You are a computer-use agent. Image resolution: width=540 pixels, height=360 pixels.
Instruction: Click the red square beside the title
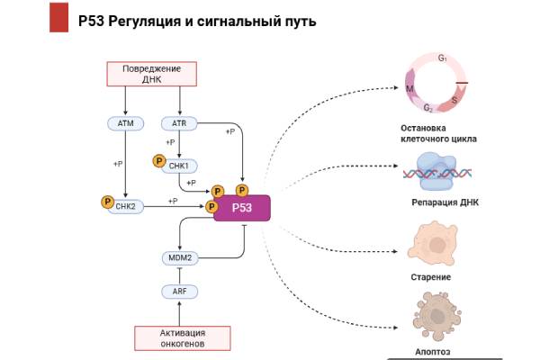coord(58,19)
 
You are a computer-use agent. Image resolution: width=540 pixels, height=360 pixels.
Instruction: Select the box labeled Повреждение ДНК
coord(152,74)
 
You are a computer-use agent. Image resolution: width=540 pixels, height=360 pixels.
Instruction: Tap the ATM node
coord(125,122)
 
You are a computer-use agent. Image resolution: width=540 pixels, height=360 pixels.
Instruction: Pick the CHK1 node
coord(179,166)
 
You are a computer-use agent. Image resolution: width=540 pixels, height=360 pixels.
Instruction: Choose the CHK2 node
coord(126,205)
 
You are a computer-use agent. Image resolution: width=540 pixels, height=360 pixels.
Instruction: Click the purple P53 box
coord(241,207)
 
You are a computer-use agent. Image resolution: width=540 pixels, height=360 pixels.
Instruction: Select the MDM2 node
coord(179,257)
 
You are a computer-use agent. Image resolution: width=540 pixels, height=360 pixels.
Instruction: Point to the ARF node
coord(179,292)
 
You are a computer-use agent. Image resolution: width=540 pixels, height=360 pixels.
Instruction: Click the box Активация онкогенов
coord(183,337)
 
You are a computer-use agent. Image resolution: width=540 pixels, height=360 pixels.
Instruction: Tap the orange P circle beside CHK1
coord(158,162)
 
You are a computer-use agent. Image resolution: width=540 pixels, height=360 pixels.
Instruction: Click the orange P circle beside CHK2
coord(106,202)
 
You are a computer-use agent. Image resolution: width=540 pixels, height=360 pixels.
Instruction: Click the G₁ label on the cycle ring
coord(443,58)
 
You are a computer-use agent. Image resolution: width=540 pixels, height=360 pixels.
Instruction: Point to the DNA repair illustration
coord(437,170)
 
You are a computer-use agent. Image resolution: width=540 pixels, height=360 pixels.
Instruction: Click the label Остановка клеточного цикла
coord(438,134)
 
